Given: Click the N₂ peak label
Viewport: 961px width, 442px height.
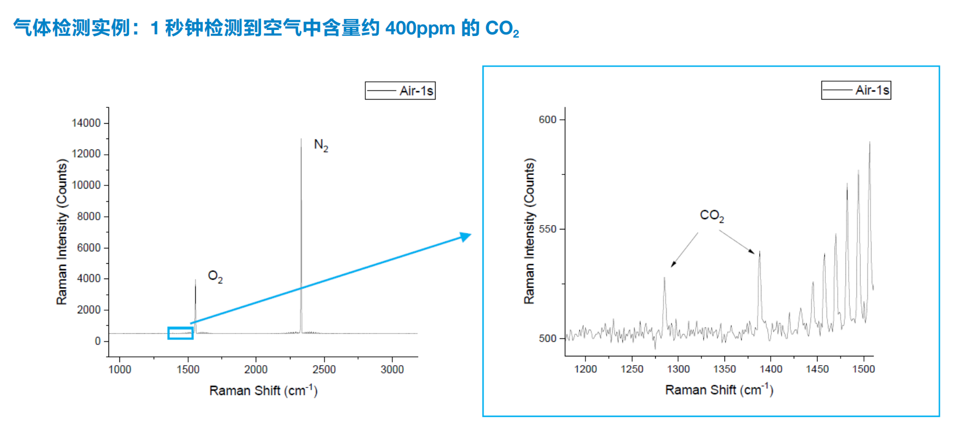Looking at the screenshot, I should tap(321, 146).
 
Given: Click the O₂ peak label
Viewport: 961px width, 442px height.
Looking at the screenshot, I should tap(215, 277).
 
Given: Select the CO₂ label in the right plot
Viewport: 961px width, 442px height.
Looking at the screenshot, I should tap(711, 216).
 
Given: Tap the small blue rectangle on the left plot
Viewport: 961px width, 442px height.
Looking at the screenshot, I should tap(180, 333).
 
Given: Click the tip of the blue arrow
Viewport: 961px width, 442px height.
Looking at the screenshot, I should tap(469, 235).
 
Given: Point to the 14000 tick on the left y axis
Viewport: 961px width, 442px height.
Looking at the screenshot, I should tap(86, 123).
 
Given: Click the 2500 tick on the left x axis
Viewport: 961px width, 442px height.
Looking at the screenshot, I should tap(324, 370).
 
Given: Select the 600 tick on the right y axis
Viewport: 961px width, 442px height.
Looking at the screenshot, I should tap(547, 120).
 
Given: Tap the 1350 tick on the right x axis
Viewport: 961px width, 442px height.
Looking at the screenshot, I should tap(724, 369).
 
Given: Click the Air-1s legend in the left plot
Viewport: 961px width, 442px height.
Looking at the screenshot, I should tap(400, 90).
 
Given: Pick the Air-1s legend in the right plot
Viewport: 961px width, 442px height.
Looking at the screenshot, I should tap(856, 90).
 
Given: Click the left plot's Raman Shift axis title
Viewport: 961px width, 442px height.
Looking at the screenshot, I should tap(263, 390).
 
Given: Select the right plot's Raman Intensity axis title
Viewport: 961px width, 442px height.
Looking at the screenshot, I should tap(529, 231).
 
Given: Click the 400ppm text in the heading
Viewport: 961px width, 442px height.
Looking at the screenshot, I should tap(420, 28).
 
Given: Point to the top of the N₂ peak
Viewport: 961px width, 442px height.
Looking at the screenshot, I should tap(301, 140).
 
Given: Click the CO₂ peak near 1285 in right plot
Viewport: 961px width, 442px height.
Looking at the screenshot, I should tap(664, 278).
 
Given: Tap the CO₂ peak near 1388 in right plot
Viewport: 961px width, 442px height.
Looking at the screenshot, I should tap(759, 252).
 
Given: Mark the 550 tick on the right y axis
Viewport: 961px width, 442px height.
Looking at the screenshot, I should tap(547, 229).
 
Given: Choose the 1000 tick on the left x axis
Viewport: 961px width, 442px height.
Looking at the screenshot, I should tap(120, 370).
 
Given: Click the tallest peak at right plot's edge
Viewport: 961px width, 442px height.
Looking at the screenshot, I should tap(869, 143).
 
